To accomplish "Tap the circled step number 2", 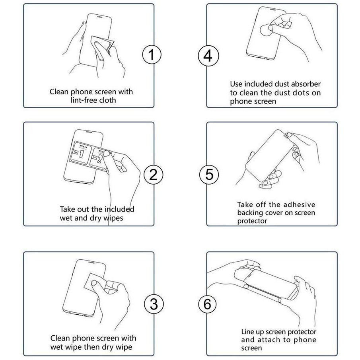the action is coord(154,175).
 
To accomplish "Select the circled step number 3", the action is coord(154,304).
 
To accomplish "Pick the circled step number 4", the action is coord(208,56).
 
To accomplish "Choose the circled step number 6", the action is coord(207,304).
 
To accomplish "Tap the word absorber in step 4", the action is coord(306,84).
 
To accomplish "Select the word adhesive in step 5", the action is coord(298,204).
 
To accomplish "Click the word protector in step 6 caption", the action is coord(302,332).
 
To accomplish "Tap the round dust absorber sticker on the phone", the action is coord(266,30).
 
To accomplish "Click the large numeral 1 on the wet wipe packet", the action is coord(81,154).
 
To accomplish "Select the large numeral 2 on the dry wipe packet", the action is coord(99,159).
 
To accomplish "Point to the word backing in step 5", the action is coord(250,213).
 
